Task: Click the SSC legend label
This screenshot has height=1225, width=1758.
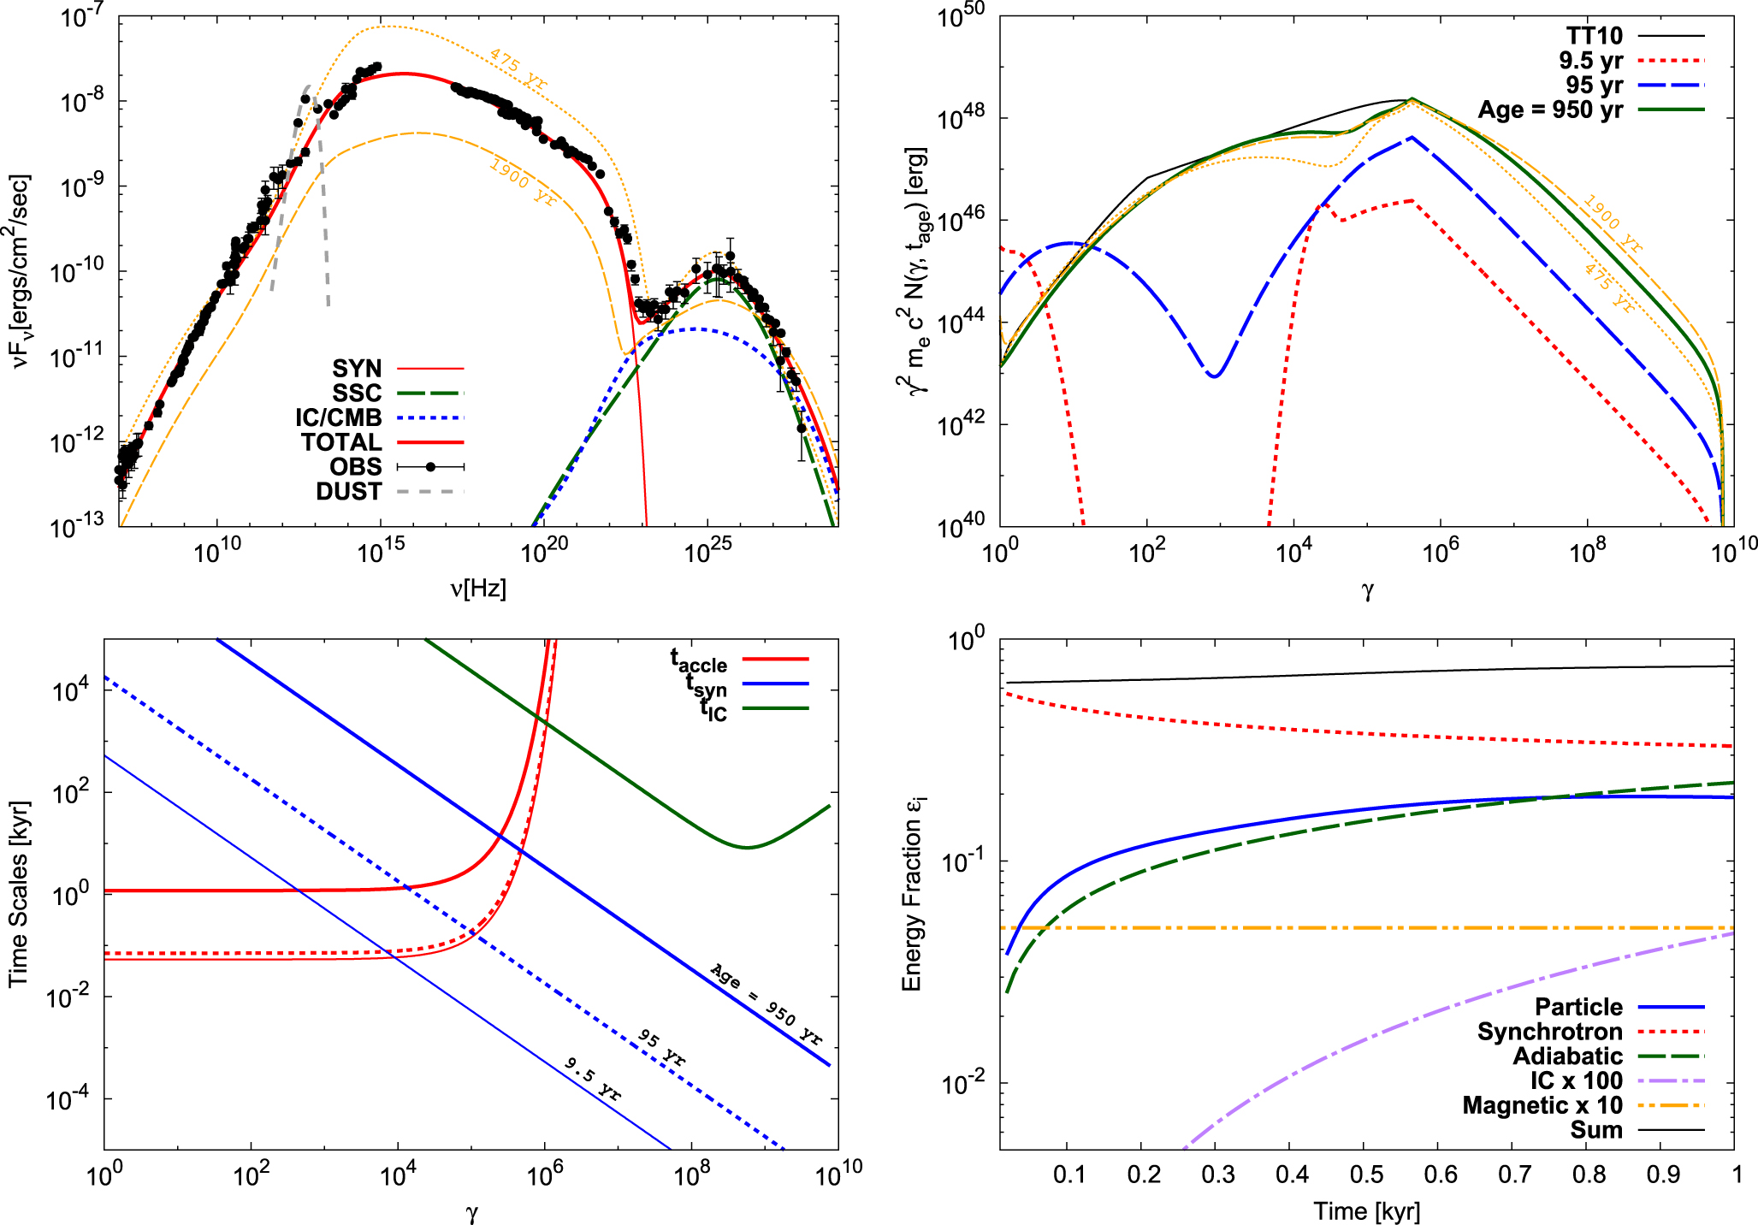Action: [x=357, y=394]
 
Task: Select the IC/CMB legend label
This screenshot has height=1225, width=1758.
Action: [x=339, y=418]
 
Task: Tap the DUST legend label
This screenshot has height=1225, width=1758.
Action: [x=348, y=492]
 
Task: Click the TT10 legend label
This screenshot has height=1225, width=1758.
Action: [x=1595, y=36]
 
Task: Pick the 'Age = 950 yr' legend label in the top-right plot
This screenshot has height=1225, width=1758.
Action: [x=1550, y=110]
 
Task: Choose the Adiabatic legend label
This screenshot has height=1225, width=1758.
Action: [x=1568, y=1056]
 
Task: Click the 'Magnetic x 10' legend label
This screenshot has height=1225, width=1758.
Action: [x=1542, y=1106]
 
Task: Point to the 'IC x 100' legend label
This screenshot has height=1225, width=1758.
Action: [x=1577, y=1081]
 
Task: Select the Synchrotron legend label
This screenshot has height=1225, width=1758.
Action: [x=1550, y=1032]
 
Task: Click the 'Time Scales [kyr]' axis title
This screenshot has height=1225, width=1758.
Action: [x=18, y=895]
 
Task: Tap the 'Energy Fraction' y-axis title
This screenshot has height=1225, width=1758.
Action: [x=913, y=895]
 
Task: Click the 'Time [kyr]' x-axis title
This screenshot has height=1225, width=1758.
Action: [x=1367, y=1211]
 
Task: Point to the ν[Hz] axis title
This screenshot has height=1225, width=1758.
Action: [x=478, y=589]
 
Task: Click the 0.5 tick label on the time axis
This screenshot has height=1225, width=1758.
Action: [x=1366, y=1174]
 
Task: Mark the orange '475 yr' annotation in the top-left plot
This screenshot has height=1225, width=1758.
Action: [x=518, y=69]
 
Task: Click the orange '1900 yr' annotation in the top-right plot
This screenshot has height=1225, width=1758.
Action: [x=1613, y=224]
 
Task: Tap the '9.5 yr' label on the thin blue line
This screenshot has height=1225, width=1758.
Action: [x=593, y=1079]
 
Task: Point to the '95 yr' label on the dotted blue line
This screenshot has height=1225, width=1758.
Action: [x=661, y=1047]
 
